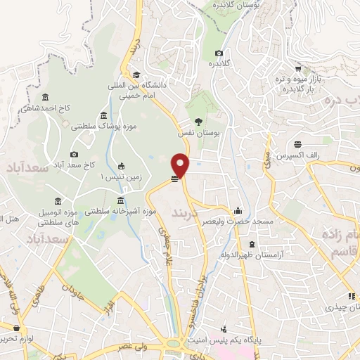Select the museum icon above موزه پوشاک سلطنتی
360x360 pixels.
tap(103, 115)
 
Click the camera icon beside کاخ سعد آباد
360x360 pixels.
tap(74, 155)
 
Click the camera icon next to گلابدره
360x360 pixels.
tap(219, 53)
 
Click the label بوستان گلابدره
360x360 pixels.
tap(238, 6)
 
